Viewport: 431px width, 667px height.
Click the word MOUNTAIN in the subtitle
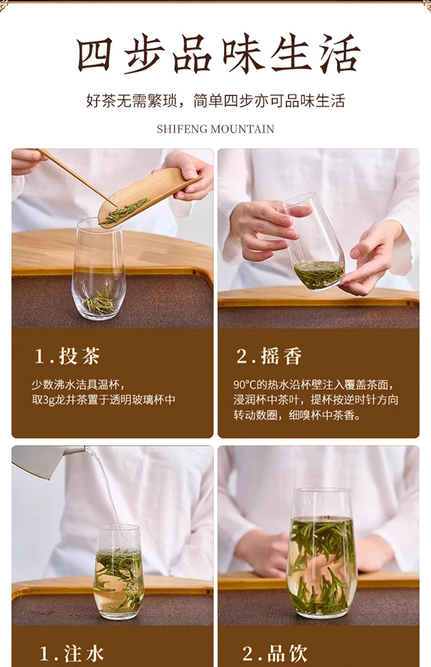pos(242,129)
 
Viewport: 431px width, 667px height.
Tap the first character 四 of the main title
pos(95,55)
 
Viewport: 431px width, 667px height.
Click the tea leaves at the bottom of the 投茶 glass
pos(99,302)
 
